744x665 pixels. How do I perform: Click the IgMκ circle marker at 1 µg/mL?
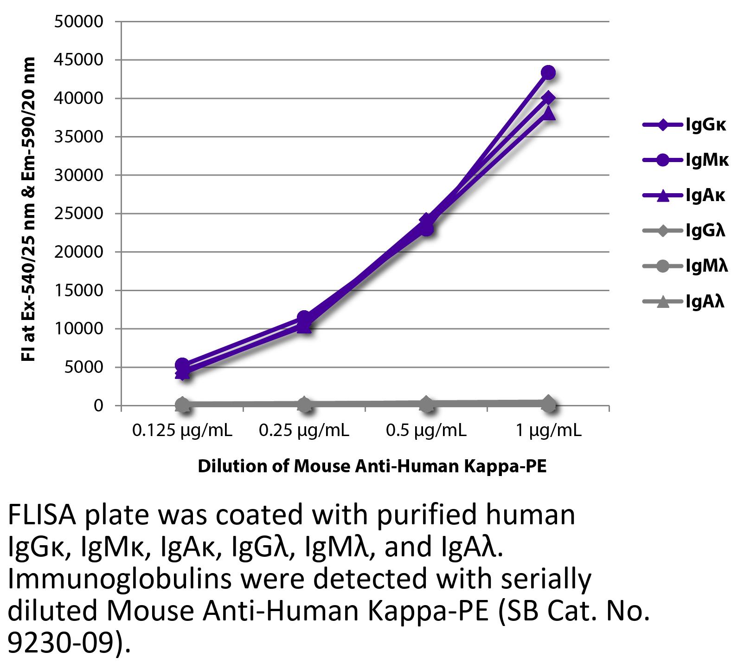[548, 72]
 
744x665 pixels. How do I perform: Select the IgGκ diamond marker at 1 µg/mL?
[548, 98]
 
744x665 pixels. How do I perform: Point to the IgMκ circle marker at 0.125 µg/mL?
[182, 365]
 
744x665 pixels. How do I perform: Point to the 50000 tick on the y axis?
[78, 21]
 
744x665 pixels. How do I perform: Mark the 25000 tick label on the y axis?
[78, 214]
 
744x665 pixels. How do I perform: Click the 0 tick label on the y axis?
[97, 406]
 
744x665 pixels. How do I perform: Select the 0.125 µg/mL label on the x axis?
[182, 431]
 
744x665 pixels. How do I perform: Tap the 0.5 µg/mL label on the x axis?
[426, 431]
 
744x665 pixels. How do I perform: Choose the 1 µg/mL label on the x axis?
[548, 431]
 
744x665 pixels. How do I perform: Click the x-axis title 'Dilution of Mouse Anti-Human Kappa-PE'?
[372, 466]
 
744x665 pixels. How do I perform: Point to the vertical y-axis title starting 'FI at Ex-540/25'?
[29, 209]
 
